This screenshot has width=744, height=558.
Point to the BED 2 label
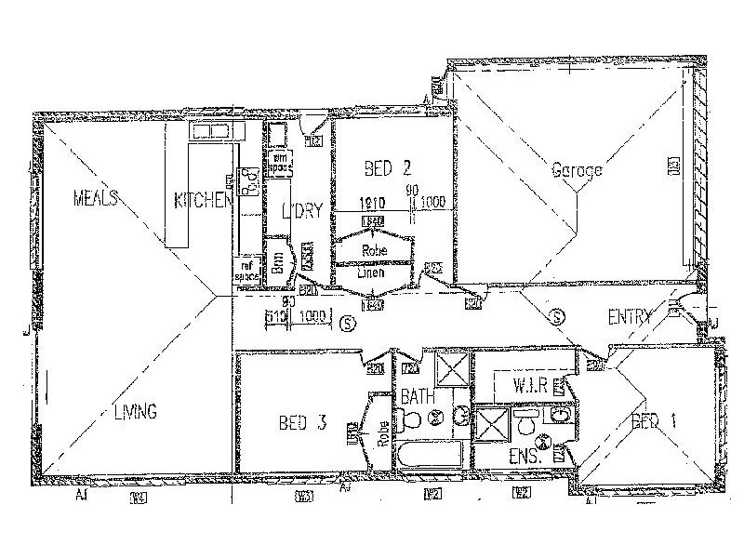[387, 168]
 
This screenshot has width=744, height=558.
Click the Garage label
[577, 170]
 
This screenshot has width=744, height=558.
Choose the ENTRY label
[630, 317]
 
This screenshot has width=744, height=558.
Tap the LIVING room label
[136, 410]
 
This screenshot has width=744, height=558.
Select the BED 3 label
[302, 423]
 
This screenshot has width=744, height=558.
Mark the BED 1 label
[654, 421]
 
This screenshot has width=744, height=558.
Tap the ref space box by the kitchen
[246, 271]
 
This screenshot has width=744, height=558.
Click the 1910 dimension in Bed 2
[373, 202]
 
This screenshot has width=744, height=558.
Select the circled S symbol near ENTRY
[558, 316]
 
